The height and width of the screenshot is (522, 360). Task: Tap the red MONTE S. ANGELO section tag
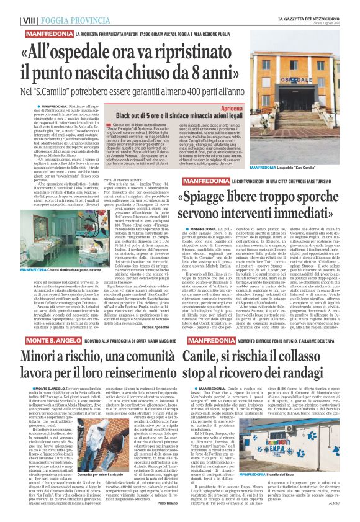coord(32,343)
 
